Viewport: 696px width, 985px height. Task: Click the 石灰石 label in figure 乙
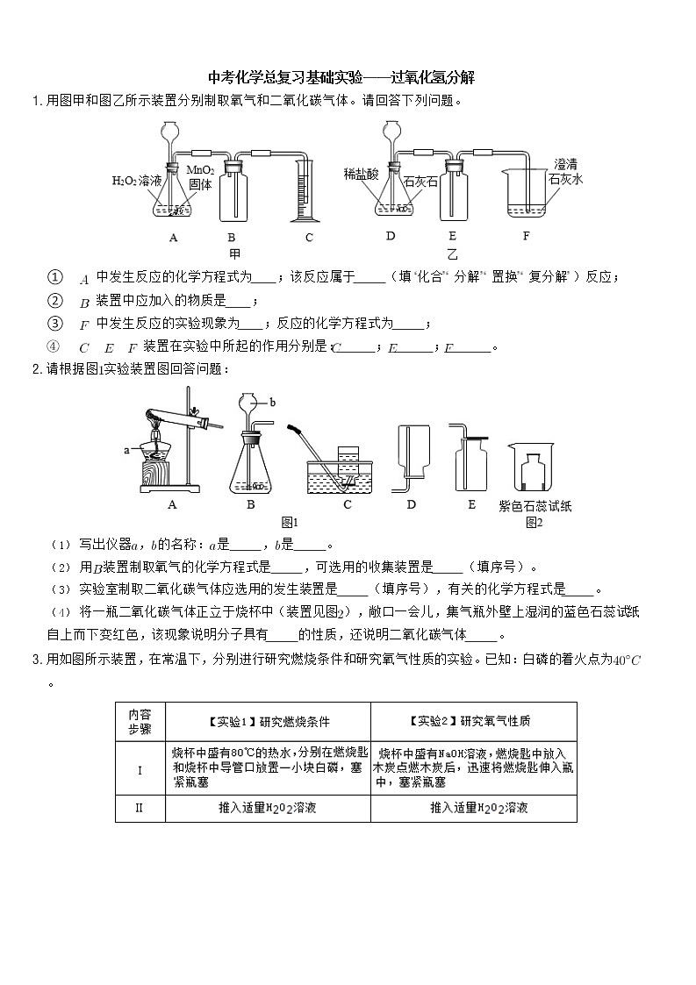pyautogui.click(x=420, y=181)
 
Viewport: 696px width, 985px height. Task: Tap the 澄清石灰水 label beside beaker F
pyautogui.click(x=565, y=171)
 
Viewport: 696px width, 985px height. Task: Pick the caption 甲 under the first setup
pyautogui.click(x=234, y=253)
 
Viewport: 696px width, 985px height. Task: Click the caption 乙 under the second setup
pyautogui.click(x=452, y=253)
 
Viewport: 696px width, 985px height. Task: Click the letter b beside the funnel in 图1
pyautogui.click(x=273, y=402)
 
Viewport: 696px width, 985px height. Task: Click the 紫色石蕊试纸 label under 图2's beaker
pyautogui.click(x=535, y=506)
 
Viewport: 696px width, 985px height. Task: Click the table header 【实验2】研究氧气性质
pyautogui.click(x=472, y=722)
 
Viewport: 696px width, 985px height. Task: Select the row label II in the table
pyautogui.click(x=140, y=808)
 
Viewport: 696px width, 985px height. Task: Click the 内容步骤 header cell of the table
pyautogui.click(x=140, y=722)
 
